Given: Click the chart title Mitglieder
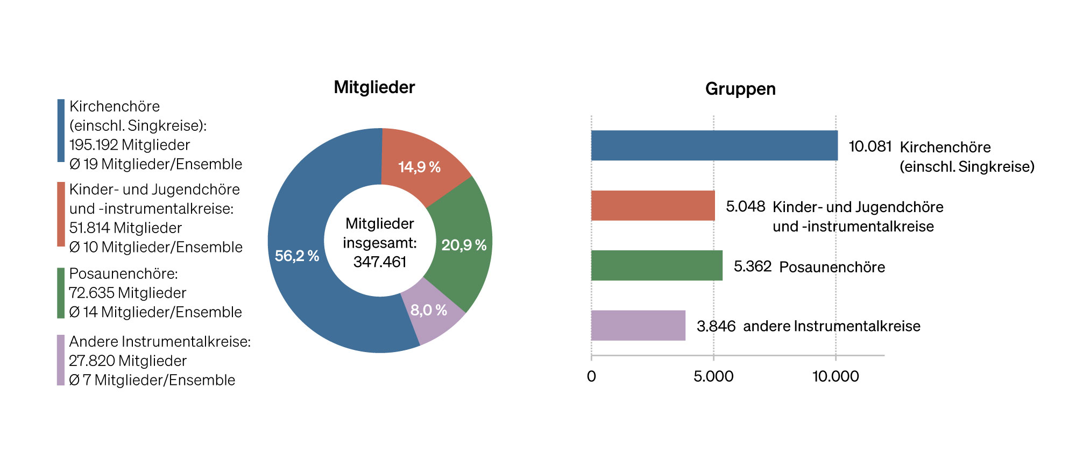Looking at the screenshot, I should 374,87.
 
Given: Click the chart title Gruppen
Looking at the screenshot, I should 740,89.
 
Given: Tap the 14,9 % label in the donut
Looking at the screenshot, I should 419,167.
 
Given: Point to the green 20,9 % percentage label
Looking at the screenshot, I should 464,245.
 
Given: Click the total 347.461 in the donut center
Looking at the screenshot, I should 380,262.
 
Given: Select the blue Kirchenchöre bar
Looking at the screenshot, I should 714,145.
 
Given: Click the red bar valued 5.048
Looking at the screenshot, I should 653,205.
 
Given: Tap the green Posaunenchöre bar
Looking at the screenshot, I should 656,265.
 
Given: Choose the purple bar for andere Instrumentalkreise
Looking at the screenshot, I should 638,325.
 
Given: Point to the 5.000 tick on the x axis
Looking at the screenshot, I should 713,376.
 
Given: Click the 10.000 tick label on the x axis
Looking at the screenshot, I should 835,376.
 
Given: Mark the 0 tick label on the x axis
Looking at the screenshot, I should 591,376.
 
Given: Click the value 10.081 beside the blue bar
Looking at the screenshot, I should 870,146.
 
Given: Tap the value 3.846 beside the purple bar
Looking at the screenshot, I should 716,326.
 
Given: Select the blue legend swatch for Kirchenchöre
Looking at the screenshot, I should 61,130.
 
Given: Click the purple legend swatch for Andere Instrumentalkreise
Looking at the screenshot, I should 61,360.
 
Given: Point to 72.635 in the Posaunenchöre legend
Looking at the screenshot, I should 91,293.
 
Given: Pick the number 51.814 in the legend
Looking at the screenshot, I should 91,228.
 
